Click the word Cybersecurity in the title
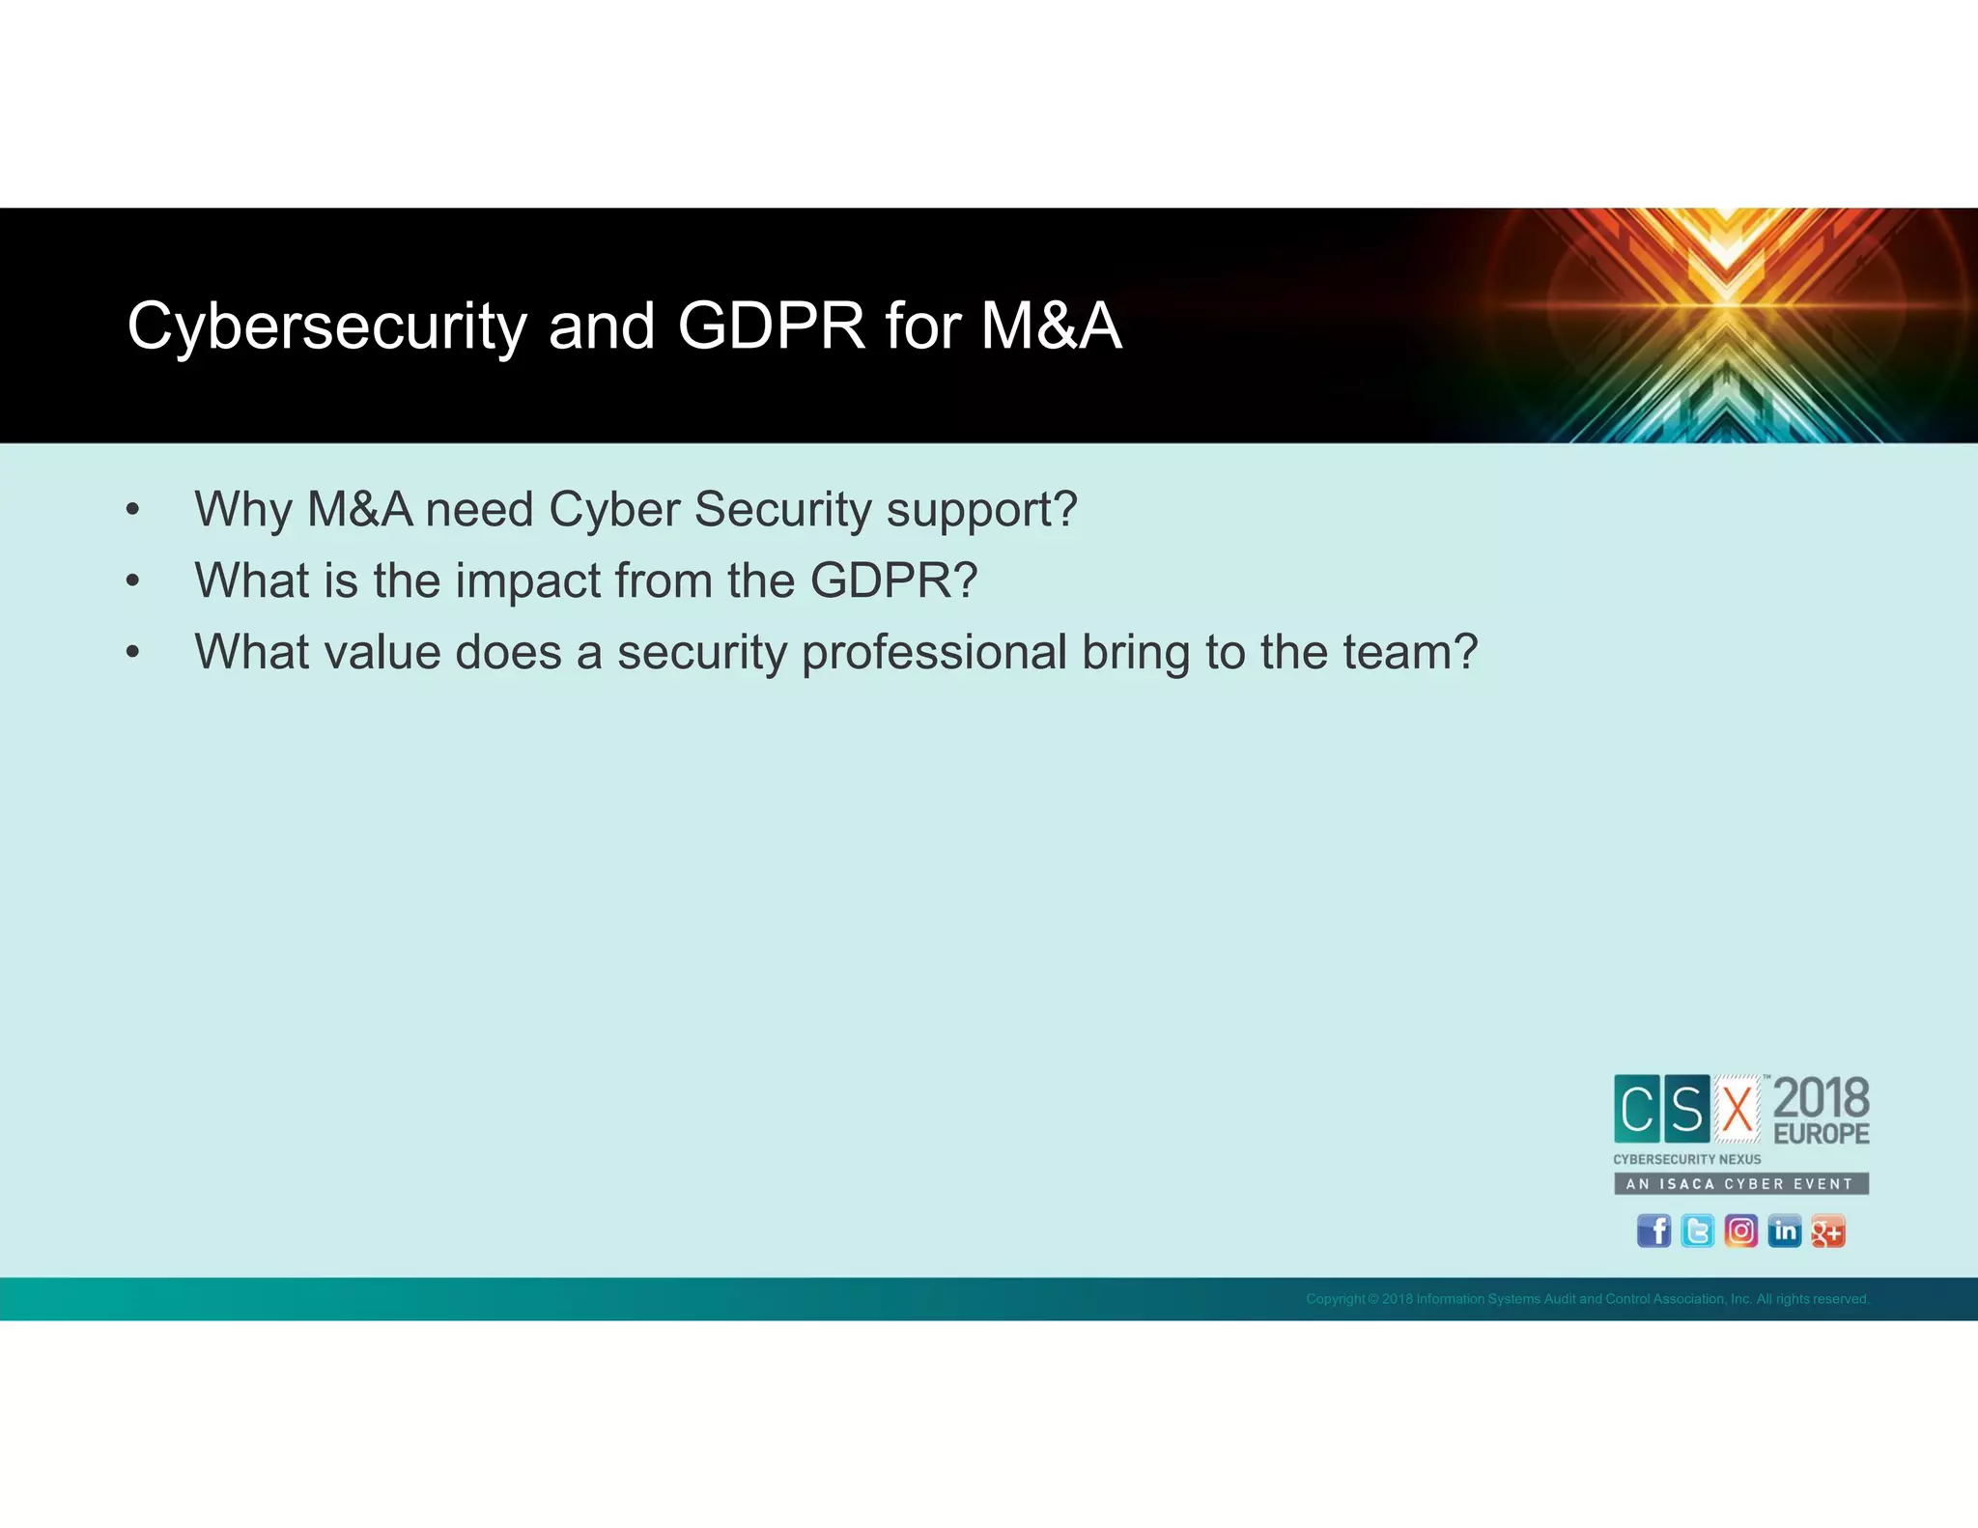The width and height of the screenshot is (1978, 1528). (326, 326)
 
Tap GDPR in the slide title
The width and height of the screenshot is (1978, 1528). (771, 326)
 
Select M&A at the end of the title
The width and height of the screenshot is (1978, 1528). (1051, 326)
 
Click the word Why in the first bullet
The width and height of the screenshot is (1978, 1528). (242, 509)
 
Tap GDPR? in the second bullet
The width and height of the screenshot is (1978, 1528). (893, 580)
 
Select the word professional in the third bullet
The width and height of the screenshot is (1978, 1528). (933, 652)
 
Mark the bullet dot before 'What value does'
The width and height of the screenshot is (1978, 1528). (133, 653)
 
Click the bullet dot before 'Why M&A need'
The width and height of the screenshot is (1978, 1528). (133, 510)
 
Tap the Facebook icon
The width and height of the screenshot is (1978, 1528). (1653, 1231)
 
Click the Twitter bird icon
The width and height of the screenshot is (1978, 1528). (1697, 1231)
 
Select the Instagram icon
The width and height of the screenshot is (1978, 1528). (1740, 1231)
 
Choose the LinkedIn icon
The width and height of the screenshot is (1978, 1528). (1784, 1231)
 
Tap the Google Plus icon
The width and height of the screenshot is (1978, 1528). (1827, 1231)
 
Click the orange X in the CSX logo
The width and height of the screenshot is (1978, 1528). (1738, 1109)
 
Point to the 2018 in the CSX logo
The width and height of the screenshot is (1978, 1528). (1821, 1098)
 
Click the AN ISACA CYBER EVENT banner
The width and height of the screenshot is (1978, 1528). (1740, 1183)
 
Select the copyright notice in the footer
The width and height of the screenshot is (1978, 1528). (1587, 1299)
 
